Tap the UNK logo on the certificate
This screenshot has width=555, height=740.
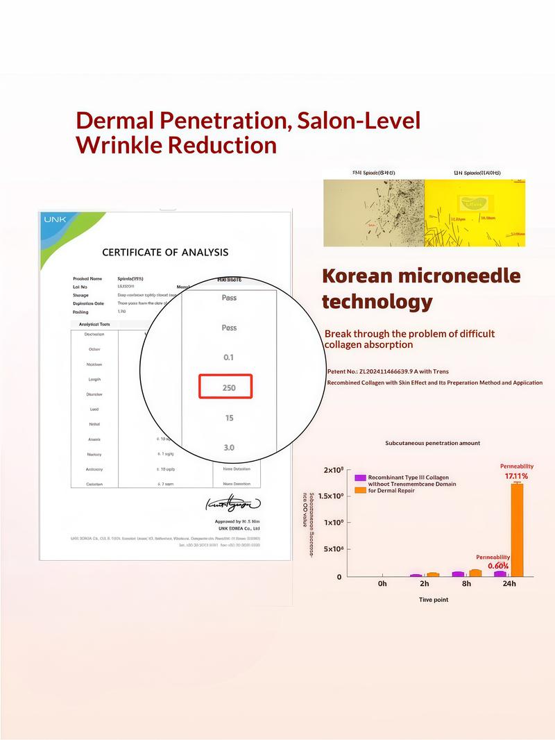(x=55, y=219)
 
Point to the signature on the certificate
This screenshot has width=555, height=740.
(x=232, y=503)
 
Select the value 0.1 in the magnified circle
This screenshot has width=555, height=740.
(x=229, y=357)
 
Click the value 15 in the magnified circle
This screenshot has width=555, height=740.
(x=229, y=418)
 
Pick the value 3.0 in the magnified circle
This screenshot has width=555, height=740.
(x=229, y=448)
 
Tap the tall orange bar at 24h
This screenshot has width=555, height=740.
(x=517, y=529)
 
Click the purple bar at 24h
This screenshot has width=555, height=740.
(x=499, y=573)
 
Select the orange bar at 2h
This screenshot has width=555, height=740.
(x=433, y=574)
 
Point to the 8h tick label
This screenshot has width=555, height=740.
(x=466, y=584)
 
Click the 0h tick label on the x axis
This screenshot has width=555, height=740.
(x=382, y=584)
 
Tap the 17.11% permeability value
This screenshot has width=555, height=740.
(x=516, y=476)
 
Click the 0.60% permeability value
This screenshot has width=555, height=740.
(x=498, y=566)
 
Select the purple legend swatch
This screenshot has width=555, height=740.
(x=360, y=478)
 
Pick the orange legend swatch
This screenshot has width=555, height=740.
(x=360, y=490)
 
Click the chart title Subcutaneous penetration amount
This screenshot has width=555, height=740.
(x=432, y=443)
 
